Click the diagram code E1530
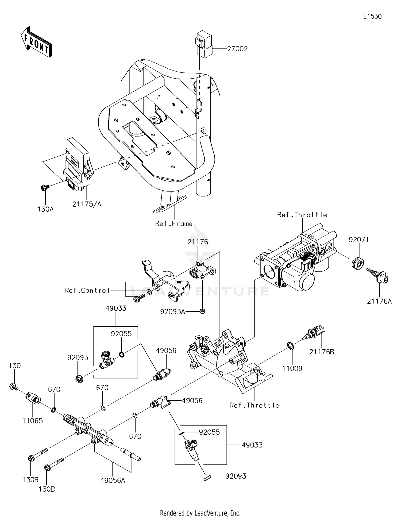coord(372,17)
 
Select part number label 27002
coord(237,49)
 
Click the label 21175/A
coord(87,204)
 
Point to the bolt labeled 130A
coord(44,188)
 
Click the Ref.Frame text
coord(174,223)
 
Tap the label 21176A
coord(379,301)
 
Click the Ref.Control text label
coord(87,290)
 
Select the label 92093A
coord(173,312)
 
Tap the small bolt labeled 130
coord(13,386)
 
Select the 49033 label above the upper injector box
coord(116,308)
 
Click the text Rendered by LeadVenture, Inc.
coord(200,513)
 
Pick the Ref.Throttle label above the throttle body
coord(302,215)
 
